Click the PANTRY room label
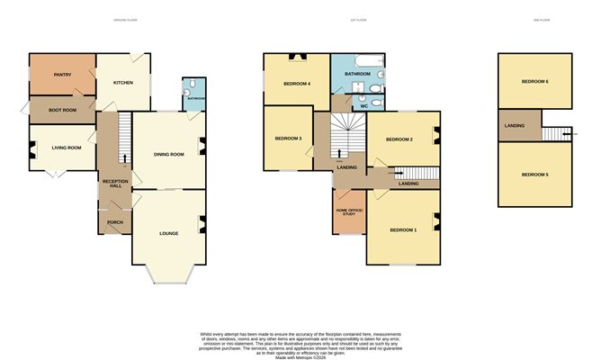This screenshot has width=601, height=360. [x=62, y=75]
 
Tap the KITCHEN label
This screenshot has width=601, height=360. [x=123, y=83]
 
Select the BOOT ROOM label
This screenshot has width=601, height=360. [x=63, y=110]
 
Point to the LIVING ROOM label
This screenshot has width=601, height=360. [x=66, y=148]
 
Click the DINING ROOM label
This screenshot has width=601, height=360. [x=168, y=154]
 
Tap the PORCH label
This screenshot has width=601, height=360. [x=114, y=221]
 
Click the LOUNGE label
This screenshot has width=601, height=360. [x=168, y=233]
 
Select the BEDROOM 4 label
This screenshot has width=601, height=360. [x=297, y=84]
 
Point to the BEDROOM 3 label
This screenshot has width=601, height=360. [x=288, y=139]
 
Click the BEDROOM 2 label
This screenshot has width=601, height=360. [x=399, y=139]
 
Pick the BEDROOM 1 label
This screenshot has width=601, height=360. [x=403, y=229]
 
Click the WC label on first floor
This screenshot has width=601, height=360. [x=363, y=105]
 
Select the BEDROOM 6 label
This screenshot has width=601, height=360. [x=534, y=82]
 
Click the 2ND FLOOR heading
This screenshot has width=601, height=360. [x=534, y=19]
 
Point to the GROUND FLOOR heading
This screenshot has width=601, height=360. [x=125, y=19]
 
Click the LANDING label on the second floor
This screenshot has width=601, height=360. [x=516, y=126]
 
